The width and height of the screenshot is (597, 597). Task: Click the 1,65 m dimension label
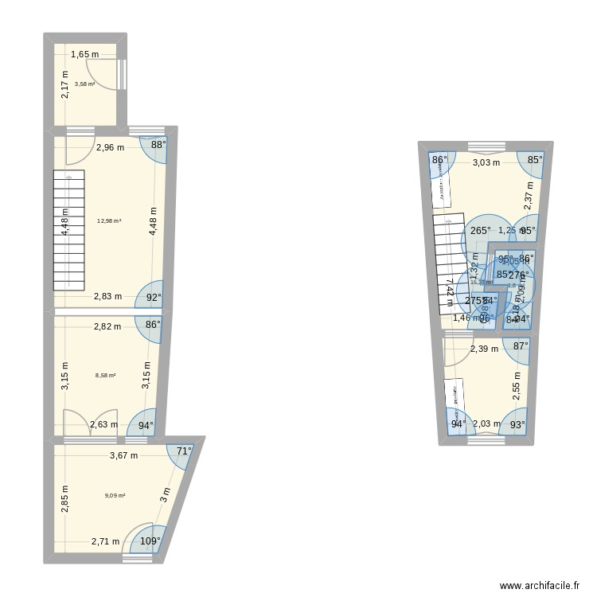84,55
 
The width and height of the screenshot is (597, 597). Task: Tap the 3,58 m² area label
84,84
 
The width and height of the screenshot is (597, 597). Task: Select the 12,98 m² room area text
108,221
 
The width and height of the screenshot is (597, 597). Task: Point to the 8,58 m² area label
106,376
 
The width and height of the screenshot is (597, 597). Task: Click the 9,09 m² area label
115,495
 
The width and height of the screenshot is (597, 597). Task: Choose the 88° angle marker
158,145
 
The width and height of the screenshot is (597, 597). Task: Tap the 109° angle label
150,541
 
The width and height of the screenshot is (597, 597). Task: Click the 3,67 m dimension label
124,456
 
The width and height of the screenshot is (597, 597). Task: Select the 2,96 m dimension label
111,147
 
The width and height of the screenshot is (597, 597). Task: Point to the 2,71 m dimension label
105,542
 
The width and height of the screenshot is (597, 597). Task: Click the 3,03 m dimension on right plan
486,162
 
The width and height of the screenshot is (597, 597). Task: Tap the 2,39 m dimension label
484,348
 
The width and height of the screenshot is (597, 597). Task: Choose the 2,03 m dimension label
487,424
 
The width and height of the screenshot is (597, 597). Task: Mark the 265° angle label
480,231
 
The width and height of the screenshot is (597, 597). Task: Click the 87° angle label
521,345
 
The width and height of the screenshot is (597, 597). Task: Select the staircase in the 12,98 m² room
68,231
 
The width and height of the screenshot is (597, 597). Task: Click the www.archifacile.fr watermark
540,585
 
